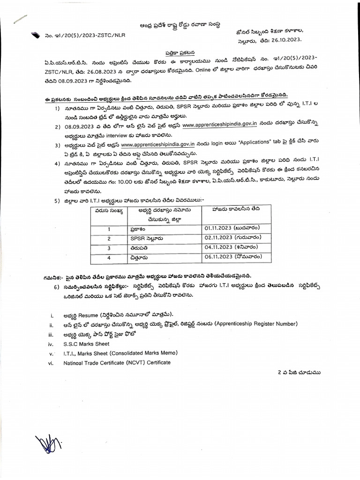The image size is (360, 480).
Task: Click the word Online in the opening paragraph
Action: click(205, 72)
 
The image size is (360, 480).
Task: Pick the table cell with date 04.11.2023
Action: click(230, 247)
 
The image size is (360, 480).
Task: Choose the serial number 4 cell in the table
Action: click(108, 257)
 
